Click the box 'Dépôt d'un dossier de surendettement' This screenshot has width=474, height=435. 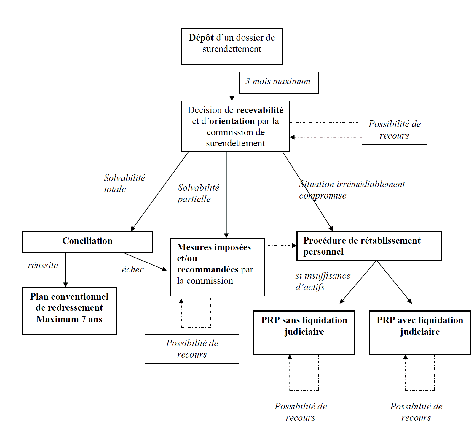pyautogui.click(x=232, y=47)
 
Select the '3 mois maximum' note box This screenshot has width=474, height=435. pyautogui.click(x=279, y=83)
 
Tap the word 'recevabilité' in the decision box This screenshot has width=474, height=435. pyautogui.click(x=260, y=110)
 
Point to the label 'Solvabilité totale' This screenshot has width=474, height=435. pyautogui.click(x=124, y=183)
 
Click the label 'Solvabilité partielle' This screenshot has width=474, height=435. pyautogui.click(x=198, y=193)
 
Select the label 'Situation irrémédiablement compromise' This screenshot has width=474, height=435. pyautogui.click(x=352, y=190)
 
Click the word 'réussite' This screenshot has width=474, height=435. pyautogui.click(x=43, y=265)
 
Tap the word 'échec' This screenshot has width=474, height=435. pyautogui.click(x=133, y=269)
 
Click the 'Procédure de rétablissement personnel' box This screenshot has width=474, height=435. pyautogui.click(x=369, y=246)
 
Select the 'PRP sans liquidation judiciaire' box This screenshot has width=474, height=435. pyautogui.click(x=304, y=332)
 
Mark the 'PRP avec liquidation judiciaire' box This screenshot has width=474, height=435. pyautogui.click(x=420, y=332)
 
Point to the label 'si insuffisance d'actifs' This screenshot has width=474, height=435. pyautogui.click(x=323, y=281)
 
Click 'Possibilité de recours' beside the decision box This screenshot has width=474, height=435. pyautogui.click(x=394, y=130)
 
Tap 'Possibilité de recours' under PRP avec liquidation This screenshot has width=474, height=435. pyautogui.click(x=416, y=412)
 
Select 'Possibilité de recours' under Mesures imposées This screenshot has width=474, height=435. pyautogui.click(x=192, y=349)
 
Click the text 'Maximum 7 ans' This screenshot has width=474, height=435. pyautogui.click(x=69, y=319)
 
